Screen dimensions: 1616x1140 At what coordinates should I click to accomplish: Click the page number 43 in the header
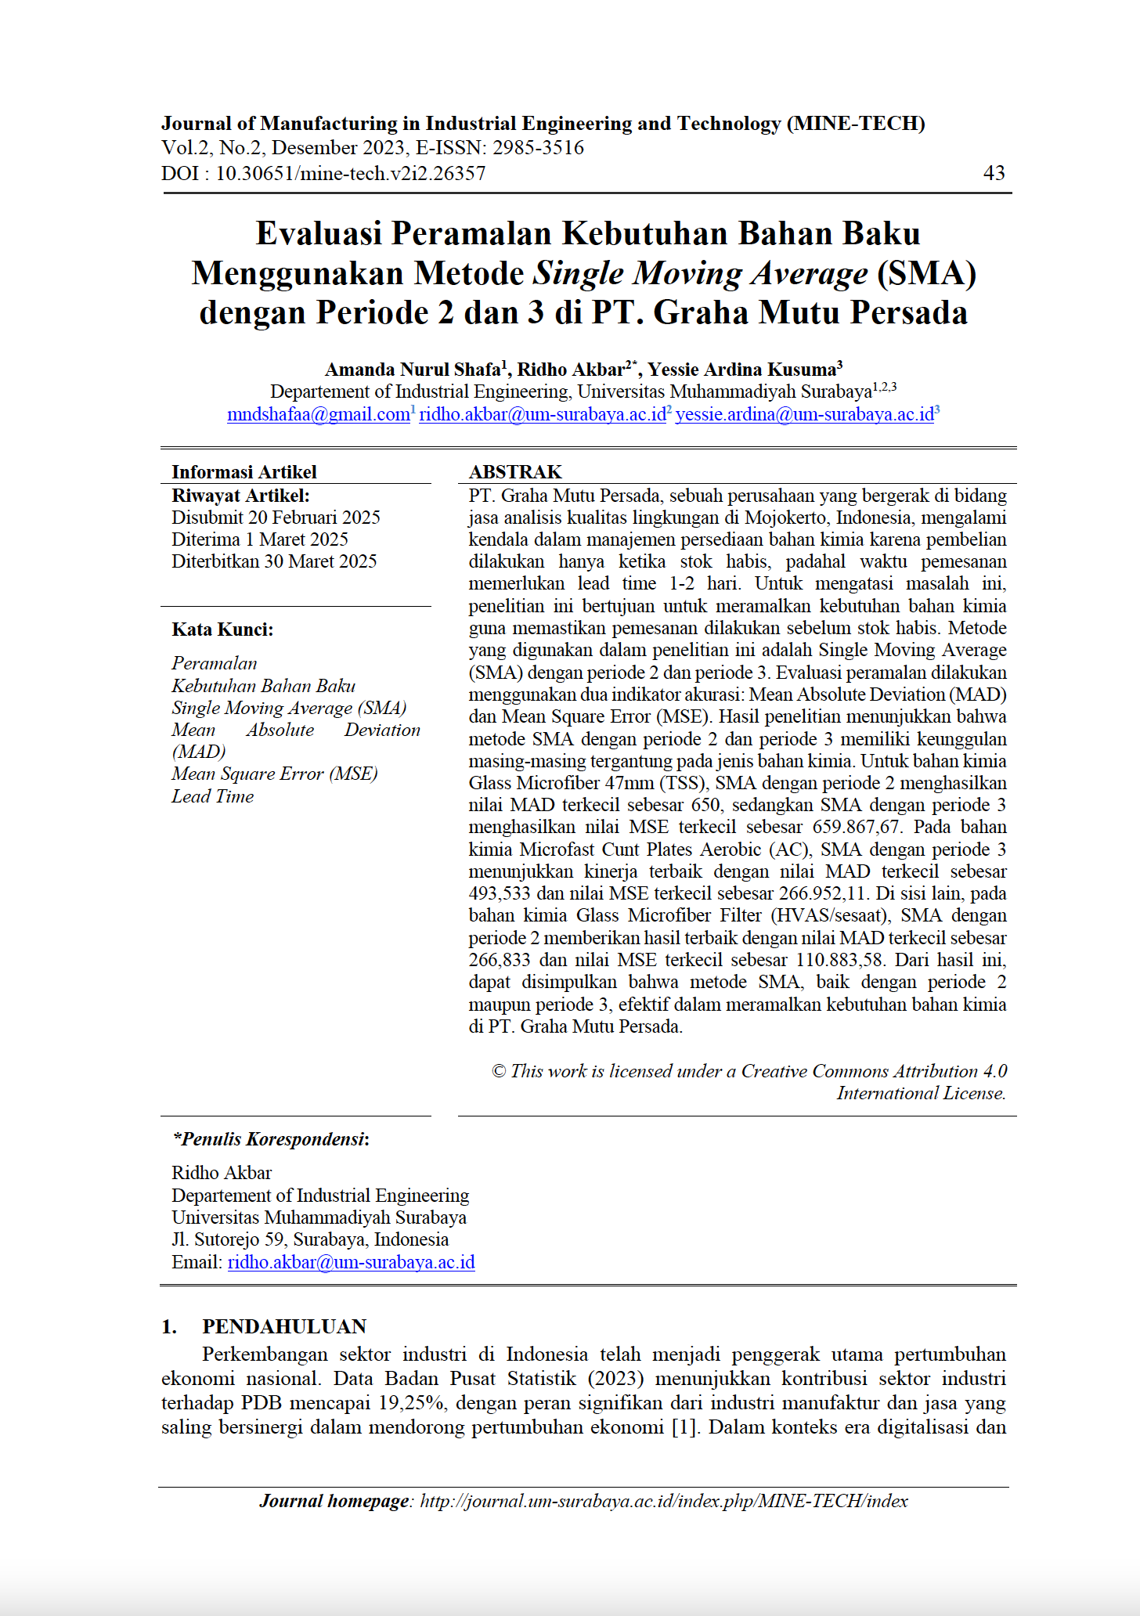tap(994, 173)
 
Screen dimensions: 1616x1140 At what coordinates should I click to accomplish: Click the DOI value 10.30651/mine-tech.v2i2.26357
tap(350, 173)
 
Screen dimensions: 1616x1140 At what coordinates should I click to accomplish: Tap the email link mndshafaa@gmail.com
tap(318, 414)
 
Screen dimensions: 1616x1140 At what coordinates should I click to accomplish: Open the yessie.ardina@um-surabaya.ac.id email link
tap(804, 414)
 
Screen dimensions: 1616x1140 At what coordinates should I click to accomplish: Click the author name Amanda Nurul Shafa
tap(413, 370)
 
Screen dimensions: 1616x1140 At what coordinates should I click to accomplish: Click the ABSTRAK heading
tap(515, 472)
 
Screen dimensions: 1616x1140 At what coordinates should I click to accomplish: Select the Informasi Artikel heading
tap(244, 472)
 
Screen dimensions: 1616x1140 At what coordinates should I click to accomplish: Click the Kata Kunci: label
tap(222, 629)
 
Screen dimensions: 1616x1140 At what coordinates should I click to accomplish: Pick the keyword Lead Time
tap(213, 796)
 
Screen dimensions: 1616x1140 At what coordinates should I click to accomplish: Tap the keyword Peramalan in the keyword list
tap(215, 663)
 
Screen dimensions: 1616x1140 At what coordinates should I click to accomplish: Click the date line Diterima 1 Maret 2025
tap(260, 539)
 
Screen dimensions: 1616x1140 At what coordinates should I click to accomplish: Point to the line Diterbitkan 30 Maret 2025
tap(274, 561)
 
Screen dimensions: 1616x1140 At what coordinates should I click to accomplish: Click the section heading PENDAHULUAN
tap(284, 1326)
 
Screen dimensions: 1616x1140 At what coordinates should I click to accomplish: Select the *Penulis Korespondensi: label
tap(271, 1139)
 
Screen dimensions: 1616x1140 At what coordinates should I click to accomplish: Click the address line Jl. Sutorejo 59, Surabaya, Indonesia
tap(310, 1239)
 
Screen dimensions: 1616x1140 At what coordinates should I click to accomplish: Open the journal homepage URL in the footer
tap(664, 1501)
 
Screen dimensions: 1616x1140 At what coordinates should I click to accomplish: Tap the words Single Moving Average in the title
tap(700, 273)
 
